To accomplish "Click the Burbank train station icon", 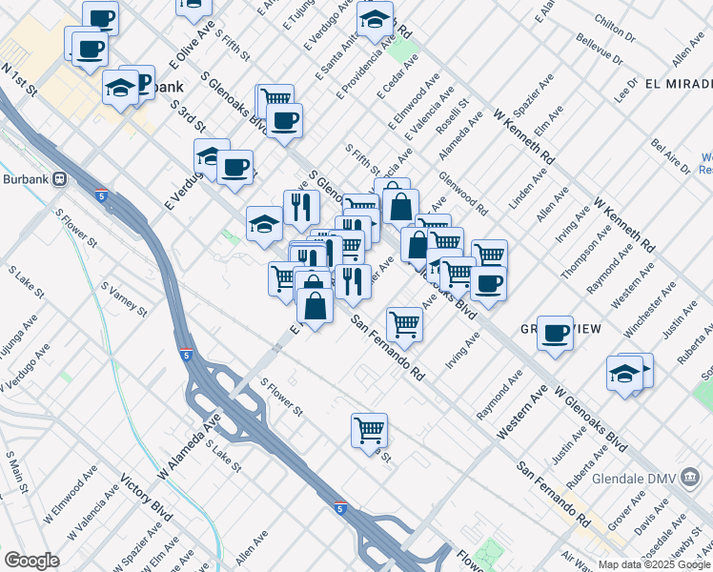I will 59,178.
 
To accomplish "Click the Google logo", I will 31,561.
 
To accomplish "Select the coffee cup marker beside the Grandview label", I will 555,334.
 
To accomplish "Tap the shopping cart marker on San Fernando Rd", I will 404,324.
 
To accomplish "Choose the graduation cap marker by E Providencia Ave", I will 375,18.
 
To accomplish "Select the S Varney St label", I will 124,298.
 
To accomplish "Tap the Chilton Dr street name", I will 614,30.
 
